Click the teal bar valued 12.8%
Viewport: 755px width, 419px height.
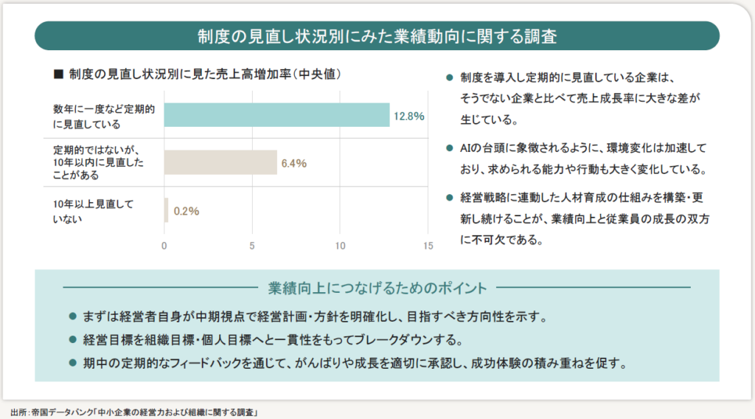pyautogui.click(x=276, y=115)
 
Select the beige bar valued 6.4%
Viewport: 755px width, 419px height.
pyautogui.click(x=220, y=162)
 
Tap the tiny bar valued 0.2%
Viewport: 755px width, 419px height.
pyautogui.click(x=166, y=210)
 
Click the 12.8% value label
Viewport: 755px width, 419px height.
pyautogui.click(x=408, y=116)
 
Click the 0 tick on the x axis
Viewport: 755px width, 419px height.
pyautogui.click(x=164, y=246)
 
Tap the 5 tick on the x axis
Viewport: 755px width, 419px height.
pyautogui.click(x=252, y=246)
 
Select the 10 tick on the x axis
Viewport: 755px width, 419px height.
pyautogui.click(x=340, y=246)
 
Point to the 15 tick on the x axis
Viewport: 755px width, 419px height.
pyautogui.click(x=428, y=246)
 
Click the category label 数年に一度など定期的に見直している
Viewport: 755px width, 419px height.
pyautogui.click(x=103, y=116)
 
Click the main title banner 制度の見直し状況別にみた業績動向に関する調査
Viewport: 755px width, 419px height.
pyautogui.click(x=377, y=35)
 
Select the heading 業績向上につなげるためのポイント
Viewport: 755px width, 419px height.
pyautogui.click(x=377, y=287)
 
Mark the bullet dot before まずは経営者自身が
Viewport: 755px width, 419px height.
pyautogui.click(x=72, y=317)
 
